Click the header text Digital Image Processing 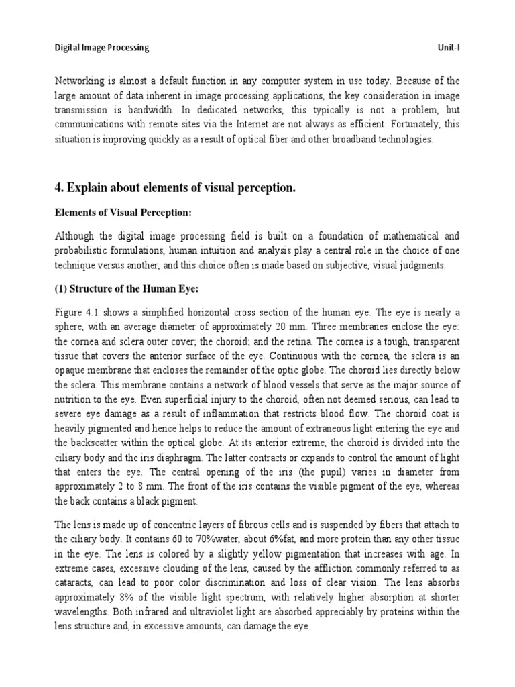coord(101,48)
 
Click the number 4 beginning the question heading coord(58,189)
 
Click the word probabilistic coord(84,251)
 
